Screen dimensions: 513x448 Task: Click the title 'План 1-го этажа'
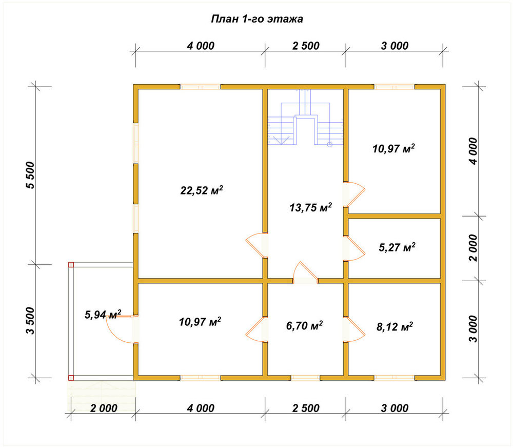(257, 19)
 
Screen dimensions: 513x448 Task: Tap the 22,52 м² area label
(202, 190)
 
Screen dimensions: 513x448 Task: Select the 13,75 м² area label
(310, 207)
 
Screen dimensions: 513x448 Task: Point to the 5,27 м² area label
(397, 247)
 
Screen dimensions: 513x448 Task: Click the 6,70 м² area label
(305, 326)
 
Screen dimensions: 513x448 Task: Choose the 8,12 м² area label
(394, 326)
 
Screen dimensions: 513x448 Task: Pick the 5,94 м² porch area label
(103, 315)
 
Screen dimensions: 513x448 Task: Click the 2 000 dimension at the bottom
(104, 408)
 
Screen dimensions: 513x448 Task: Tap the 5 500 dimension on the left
(30, 175)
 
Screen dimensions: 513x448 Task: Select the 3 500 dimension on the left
(30, 321)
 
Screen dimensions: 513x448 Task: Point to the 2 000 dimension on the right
(473, 248)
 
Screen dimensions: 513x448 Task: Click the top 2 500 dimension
(306, 46)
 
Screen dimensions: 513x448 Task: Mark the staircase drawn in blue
(306, 118)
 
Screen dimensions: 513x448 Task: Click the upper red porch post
(71, 265)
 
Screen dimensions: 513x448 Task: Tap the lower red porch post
(71, 378)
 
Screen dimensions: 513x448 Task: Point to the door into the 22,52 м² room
(254, 245)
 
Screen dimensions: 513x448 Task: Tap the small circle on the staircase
(330, 144)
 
